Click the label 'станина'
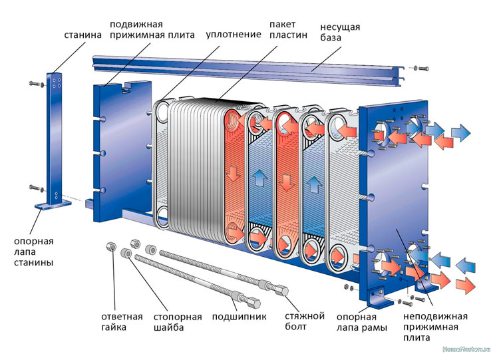click(x=82, y=34)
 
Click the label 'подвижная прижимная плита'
click(x=147, y=29)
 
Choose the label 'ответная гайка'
click(x=122, y=321)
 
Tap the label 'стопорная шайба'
click(x=173, y=321)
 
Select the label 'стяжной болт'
click(x=304, y=321)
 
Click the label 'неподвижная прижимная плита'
click(x=435, y=327)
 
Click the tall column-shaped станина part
click(x=56, y=133)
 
